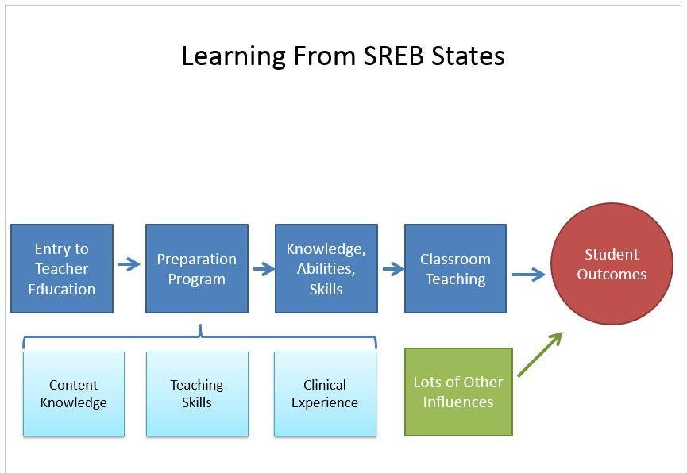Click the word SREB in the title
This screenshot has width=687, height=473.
tap(394, 56)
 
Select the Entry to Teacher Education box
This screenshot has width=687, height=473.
tap(62, 268)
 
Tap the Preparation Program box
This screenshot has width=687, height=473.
tap(197, 268)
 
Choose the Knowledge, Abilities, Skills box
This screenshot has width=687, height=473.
tap(326, 268)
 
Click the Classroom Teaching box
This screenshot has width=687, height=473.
tap(455, 268)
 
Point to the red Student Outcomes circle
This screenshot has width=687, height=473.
tap(612, 263)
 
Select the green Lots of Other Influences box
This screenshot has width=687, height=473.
tap(458, 392)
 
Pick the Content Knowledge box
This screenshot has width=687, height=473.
tap(74, 394)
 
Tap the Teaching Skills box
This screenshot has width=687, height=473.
tap(197, 394)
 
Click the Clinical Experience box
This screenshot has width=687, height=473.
tap(325, 394)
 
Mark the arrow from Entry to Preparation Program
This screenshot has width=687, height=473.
tap(129, 264)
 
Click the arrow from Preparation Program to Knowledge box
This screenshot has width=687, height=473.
tap(264, 269)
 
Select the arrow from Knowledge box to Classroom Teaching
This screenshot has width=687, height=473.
tap(393, 269)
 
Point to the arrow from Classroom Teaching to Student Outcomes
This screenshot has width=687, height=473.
tap(529, 275)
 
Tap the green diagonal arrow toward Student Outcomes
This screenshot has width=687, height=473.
tap(540, 354)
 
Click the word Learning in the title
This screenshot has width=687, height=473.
tap(234, 57)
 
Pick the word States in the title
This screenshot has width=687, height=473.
tap(468, 56)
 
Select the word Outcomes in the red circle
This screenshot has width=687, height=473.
tap(612, 274)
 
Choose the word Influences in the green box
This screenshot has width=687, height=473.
tap(458, 402)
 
